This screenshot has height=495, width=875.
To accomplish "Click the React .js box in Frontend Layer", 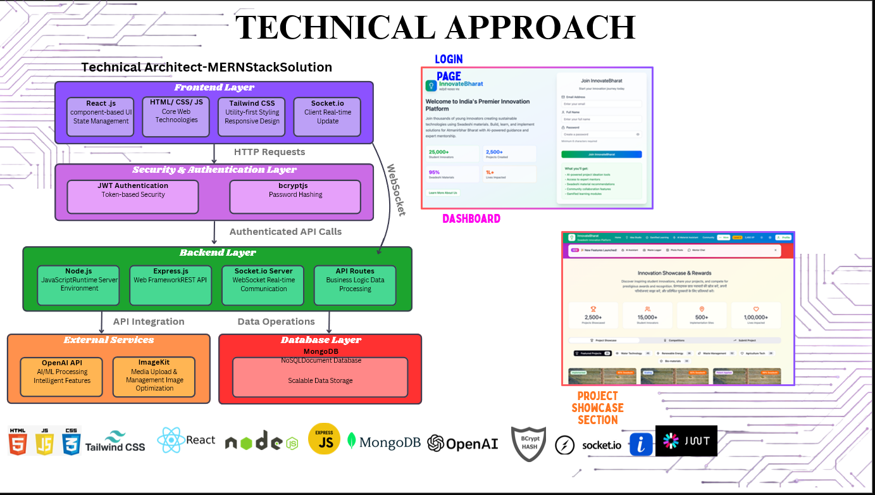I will pyautogui.click(x=100, y=116).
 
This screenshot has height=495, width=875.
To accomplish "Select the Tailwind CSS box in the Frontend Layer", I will pyautogui.click(x=252, y=116).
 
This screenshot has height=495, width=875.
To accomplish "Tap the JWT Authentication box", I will pyautogui.click(x=133, y=196).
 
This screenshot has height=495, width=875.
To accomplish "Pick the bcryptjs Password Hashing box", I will pyautogui.click(x=295, y=196).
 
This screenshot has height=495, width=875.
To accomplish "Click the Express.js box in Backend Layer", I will pyautogui.click(x=171, y=284).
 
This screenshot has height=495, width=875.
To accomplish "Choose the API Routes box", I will pyautogui.click(x=355, y=284).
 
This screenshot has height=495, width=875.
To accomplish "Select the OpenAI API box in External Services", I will pyautogui.click(x=62, y=377).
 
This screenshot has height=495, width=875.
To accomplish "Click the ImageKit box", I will pyautogui.click(x=154, y=377).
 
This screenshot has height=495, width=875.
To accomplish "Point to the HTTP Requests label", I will pyautogui.click(x=270, y=152).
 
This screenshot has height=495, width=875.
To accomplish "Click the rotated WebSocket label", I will pyautogui.click(x=395, y=190).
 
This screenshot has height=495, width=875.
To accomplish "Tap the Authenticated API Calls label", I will pyautogui.click(x=285, y=232).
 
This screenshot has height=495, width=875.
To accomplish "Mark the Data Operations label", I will pyautogui.click(x=276, y=322).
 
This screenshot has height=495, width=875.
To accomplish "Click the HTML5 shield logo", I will pyautogui.click(x=18, y=441).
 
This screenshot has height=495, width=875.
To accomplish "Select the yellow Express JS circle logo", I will pyautogui.click(x=324, y=439).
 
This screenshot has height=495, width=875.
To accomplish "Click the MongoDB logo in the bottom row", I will pyautogui.click(x=384, y=442).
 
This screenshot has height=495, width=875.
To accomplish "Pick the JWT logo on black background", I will pyautogui.click(x=686, y=441).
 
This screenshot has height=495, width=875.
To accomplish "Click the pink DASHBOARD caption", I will pyautogui.click(x=471, y=219).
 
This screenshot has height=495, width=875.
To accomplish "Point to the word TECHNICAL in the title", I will pyautogui.click(x=335, y=28).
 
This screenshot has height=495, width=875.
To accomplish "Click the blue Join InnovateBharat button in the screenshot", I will pyautogui.click(x=601, y=154).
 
